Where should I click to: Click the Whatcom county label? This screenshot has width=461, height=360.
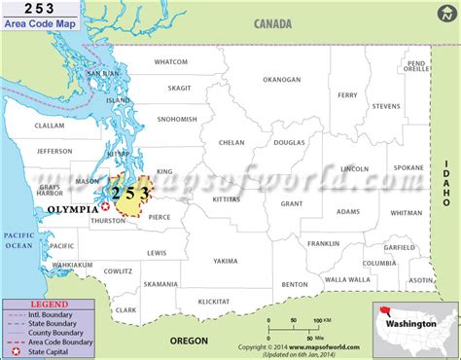pos(171,61)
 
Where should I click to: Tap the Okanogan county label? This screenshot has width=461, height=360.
pos(282,80)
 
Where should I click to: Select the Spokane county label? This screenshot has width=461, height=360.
pos(408,167)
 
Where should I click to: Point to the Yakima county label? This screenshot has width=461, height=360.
pos(226,261)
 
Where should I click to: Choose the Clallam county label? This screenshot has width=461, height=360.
pos(49,126)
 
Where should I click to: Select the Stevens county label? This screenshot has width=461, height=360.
pos(385,106)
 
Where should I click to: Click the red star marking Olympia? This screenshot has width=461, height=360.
pos(105,206)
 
